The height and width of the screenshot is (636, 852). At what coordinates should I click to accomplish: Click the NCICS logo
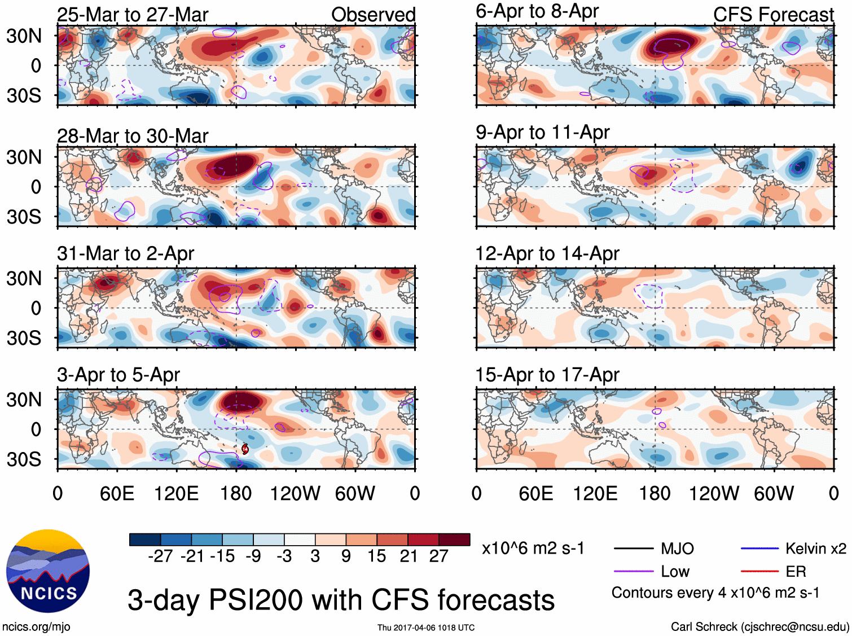point(48,571)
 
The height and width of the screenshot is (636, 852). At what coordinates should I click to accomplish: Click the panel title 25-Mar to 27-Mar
point(133,15)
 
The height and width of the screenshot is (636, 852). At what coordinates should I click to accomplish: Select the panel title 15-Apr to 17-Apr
point(547,375)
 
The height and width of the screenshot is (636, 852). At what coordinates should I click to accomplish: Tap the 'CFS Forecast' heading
point(773,15)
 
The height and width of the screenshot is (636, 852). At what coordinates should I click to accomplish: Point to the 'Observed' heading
point(373,15)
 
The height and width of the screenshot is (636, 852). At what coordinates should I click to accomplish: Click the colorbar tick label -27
point(160,556)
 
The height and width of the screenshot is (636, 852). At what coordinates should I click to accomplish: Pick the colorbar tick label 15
point(377,556)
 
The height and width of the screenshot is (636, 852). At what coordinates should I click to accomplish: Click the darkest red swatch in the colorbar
point(454,539)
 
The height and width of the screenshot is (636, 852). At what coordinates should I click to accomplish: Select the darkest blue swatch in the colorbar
point(145,539)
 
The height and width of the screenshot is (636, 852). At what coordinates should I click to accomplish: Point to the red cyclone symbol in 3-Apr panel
point(245,449)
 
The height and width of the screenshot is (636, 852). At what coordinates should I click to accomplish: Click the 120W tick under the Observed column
point(295,494)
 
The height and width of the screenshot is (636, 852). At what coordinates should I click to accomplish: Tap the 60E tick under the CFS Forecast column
point(535,494)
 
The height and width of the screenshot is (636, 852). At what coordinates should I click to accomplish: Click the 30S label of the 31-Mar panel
point(24,338)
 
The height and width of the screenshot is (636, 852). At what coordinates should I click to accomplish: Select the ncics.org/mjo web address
point(36,626)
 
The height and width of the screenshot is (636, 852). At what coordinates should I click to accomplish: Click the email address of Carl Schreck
point(794,626)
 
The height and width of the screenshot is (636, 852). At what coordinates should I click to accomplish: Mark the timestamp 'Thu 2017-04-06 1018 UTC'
point(426,628)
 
